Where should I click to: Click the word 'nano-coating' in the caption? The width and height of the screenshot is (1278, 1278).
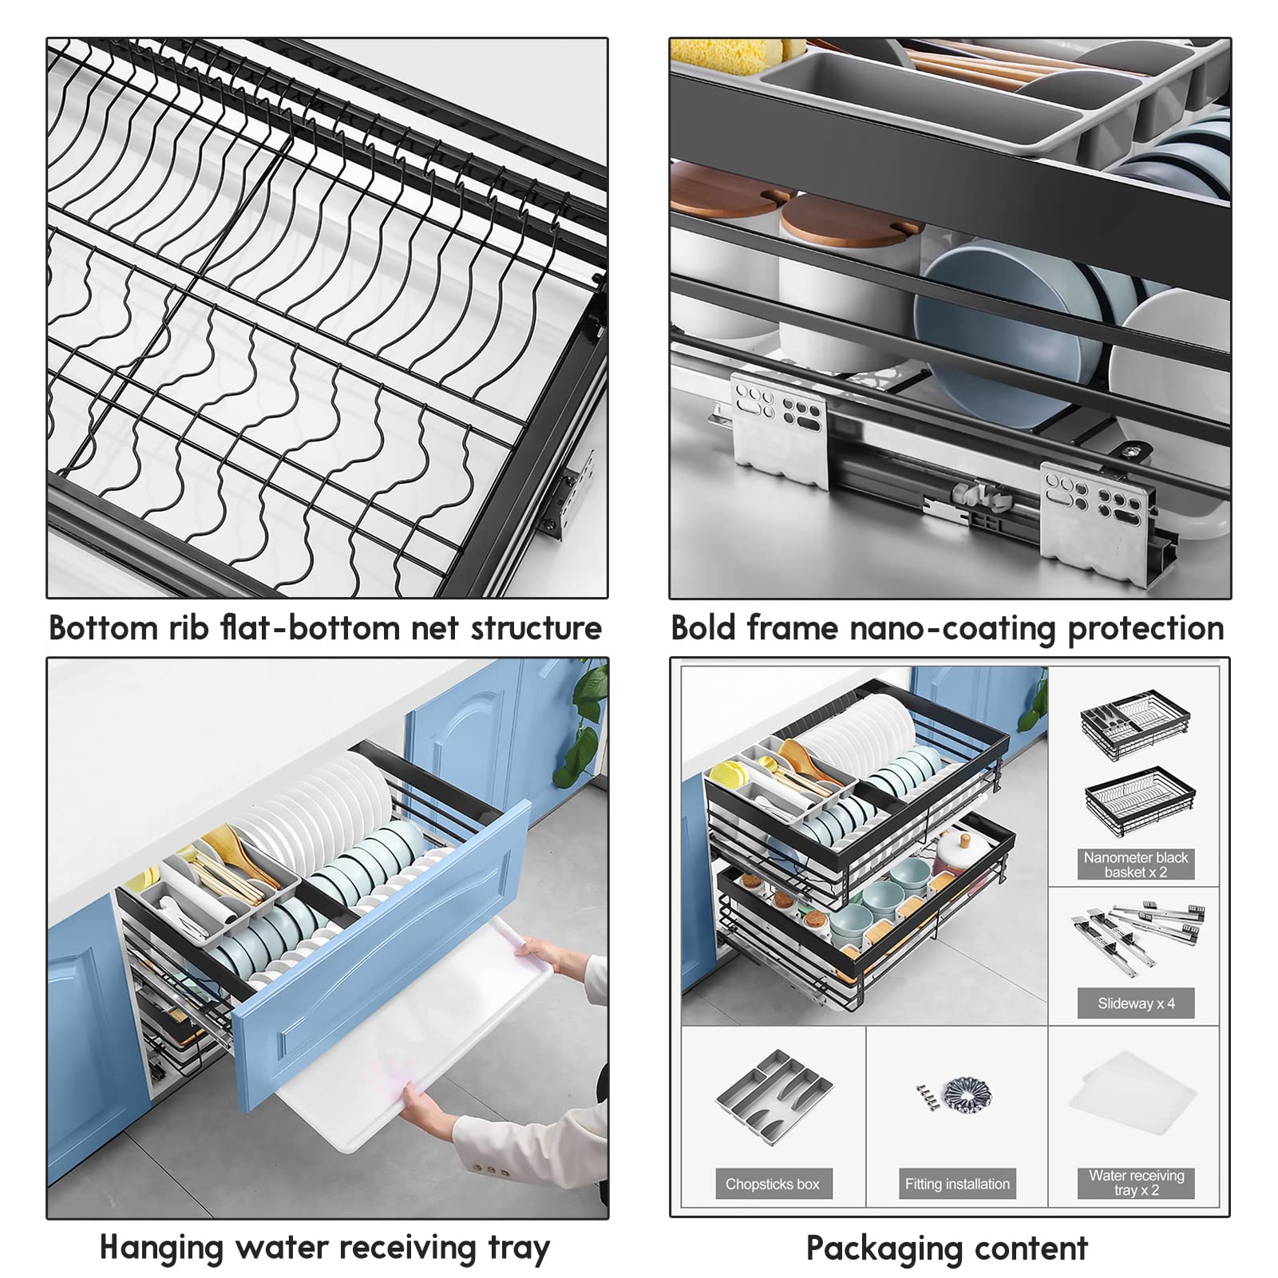953,629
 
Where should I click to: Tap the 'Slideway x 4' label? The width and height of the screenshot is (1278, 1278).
1135,1003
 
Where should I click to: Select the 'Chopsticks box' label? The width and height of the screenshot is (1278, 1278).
772,1184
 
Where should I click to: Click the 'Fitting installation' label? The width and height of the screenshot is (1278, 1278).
956,1184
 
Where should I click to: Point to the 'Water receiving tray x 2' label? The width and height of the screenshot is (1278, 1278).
1135,1182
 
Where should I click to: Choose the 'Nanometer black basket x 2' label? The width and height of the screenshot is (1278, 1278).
1135,865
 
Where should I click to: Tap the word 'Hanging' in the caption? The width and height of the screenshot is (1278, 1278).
160,1248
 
